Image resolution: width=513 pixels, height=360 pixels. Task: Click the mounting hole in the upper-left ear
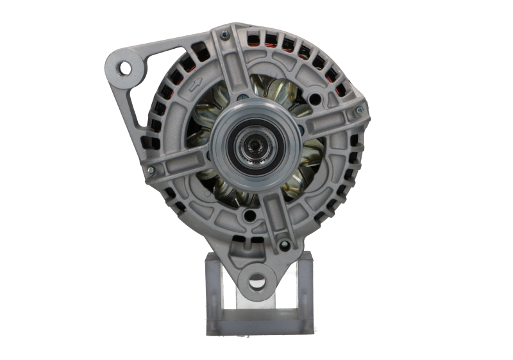tap(122, 66)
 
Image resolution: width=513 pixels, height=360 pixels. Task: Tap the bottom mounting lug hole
tap(256, 280)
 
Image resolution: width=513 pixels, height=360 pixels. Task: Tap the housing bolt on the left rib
tap(150, 170)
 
